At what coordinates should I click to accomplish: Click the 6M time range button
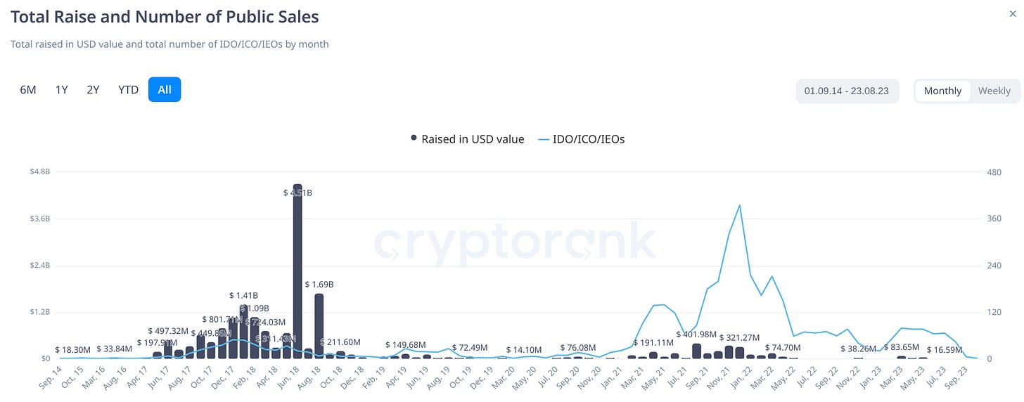point(28,90)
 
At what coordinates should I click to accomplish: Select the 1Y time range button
point(62,90)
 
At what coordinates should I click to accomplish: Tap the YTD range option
point(128,90)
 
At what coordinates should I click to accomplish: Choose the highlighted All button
point(165,90)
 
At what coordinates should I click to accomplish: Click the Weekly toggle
point(994,91)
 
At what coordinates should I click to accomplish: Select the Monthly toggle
point(942,91)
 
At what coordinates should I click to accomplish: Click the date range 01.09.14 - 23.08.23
point(847,91)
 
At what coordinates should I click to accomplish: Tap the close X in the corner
point(1013,13)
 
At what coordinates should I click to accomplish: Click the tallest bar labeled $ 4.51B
point(297,274)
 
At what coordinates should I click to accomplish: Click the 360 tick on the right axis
point(994,219)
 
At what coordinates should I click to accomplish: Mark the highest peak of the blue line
point(739,205)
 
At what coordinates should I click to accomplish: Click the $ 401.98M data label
point(696,334)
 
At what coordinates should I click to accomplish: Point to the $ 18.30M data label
point(72,349)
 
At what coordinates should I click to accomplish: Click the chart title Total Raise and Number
point(165,16)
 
